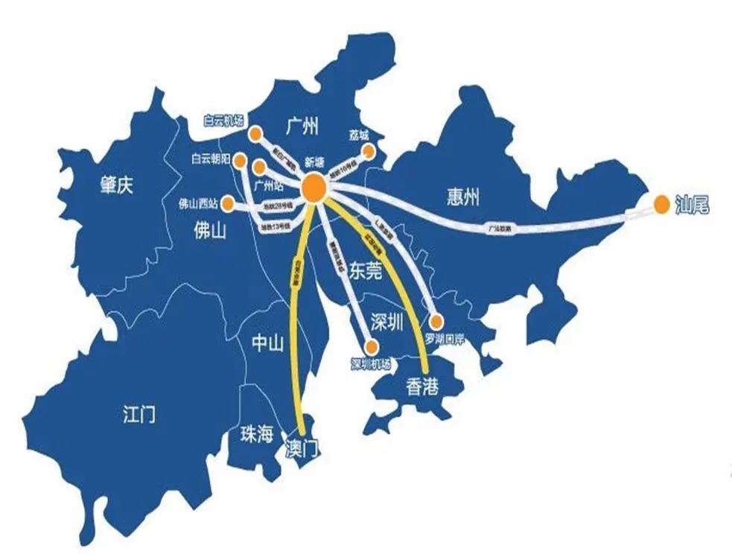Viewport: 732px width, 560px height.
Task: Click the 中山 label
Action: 268,343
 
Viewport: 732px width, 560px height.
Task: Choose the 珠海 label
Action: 257,434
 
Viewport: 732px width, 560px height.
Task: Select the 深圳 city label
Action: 386,322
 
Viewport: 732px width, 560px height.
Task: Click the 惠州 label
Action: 463,197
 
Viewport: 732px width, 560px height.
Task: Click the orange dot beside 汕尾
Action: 661,202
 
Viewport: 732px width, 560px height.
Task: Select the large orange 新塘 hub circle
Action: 314,188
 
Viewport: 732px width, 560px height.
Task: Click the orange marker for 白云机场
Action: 255,134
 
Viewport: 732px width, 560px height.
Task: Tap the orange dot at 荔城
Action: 367,151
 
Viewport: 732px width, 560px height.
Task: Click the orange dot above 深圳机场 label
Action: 371,346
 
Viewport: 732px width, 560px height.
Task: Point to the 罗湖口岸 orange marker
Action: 437,322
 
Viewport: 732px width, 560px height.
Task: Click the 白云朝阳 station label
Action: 211,159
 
